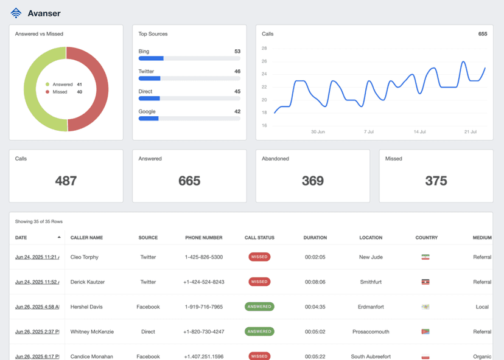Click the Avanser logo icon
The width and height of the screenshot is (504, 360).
coord(16,13)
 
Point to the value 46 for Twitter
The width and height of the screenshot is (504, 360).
coord(237,72)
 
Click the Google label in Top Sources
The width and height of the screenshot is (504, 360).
coord(147,111)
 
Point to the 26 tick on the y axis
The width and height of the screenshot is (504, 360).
coord(264,61)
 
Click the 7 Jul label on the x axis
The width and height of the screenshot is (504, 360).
coord(369,131)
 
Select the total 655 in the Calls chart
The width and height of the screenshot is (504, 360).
coord(482,34)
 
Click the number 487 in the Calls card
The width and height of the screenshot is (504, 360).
coord(66,181)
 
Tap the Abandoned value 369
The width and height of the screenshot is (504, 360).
coord(312,181)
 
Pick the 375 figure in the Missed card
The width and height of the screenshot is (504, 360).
coord(436,181)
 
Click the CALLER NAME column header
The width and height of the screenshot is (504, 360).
coord(86,238)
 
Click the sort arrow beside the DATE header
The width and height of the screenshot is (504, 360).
coord(59,237)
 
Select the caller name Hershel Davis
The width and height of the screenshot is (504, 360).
coord(86,307)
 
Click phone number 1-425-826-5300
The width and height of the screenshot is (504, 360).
coord(203,257)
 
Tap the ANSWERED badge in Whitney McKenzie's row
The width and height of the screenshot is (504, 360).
coord(259,331)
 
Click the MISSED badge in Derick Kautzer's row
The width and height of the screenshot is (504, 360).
coord(259,282)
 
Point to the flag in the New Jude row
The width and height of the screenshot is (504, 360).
coord(425,257)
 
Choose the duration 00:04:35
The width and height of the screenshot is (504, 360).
coord(315,307)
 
